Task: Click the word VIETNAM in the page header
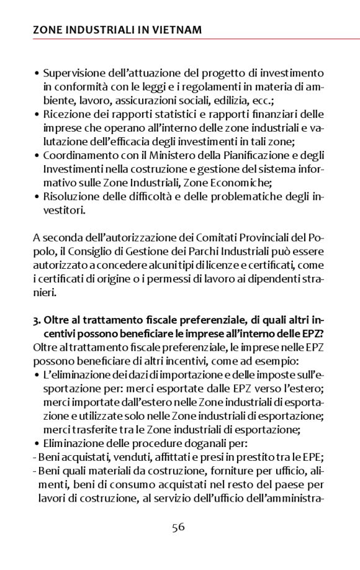[x=171, y=29]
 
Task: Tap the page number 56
[x=179, y=527]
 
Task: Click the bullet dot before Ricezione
[x=37, y=114]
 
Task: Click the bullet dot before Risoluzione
[x=37, y=196]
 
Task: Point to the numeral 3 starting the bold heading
[x=36, y=320]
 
